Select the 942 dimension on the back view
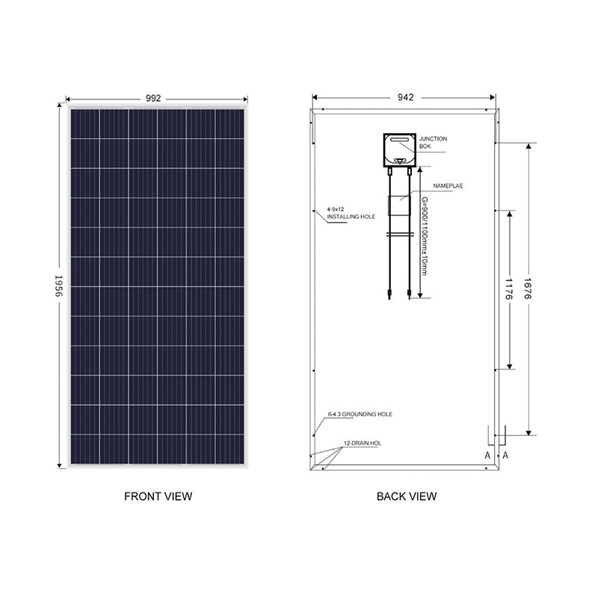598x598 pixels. (406, 97)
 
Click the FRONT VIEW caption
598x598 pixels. (158, 496)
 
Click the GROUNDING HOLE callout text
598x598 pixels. (360, 413)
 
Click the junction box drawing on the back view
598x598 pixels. (399, 149)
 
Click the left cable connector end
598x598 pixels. (389, 291)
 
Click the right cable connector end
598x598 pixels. (409, 291)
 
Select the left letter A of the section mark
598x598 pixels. (487, 455)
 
